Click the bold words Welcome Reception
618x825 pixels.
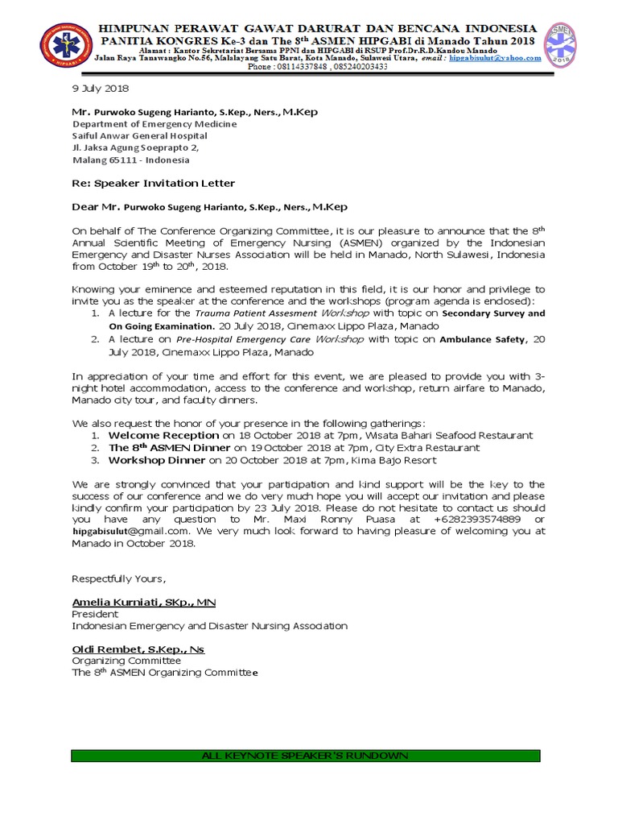[152, 435]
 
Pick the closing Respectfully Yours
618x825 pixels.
[119, 578]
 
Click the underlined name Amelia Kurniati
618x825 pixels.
[143, 603]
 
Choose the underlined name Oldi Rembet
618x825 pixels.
[138, 649]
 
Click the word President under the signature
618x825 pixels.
[95, 614]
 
